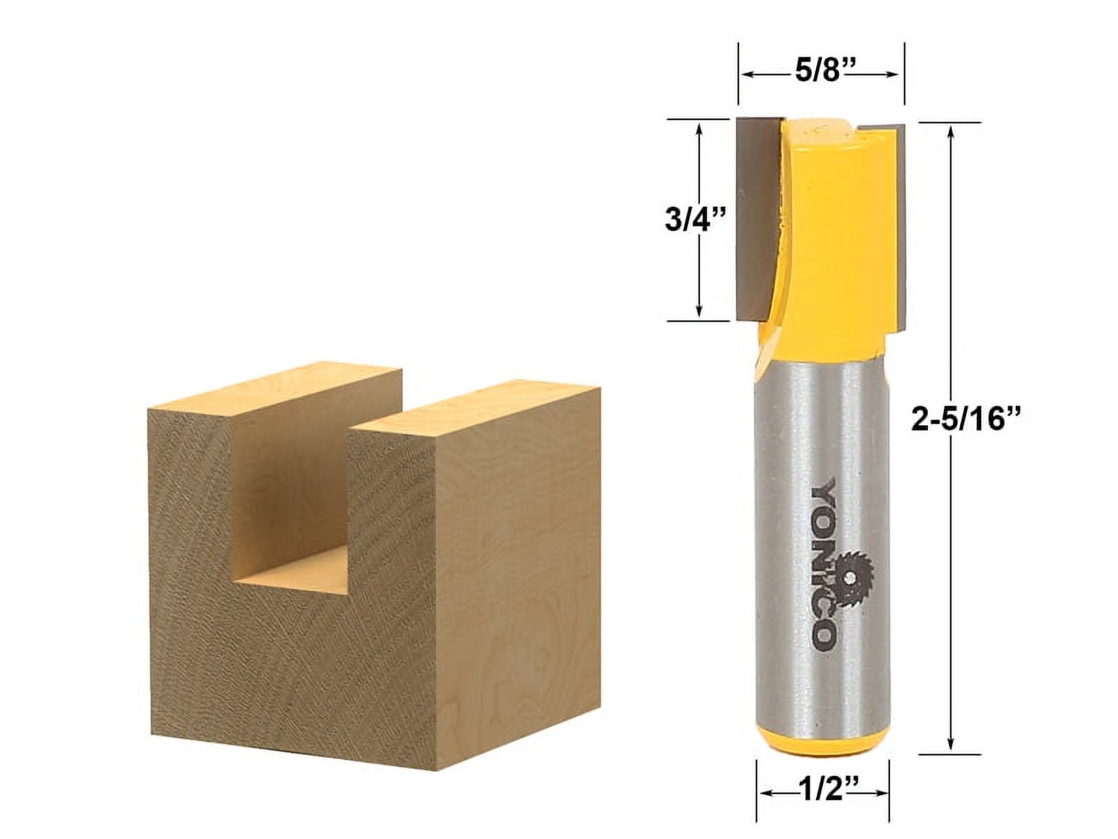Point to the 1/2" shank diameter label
click(822, 791)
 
